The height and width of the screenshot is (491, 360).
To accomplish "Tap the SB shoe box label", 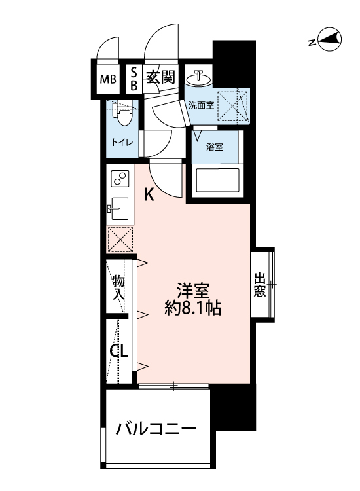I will point(134,78).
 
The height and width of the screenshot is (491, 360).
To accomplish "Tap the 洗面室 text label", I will point(202,105).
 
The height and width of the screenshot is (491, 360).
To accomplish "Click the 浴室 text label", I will point(215,147).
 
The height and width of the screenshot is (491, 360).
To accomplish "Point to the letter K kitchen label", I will point(149,194).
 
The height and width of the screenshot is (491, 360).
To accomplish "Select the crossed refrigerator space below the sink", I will point(120,239).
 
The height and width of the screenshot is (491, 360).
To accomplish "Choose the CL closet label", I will point(118,351).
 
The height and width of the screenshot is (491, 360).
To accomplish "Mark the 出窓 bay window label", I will point(260,285).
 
